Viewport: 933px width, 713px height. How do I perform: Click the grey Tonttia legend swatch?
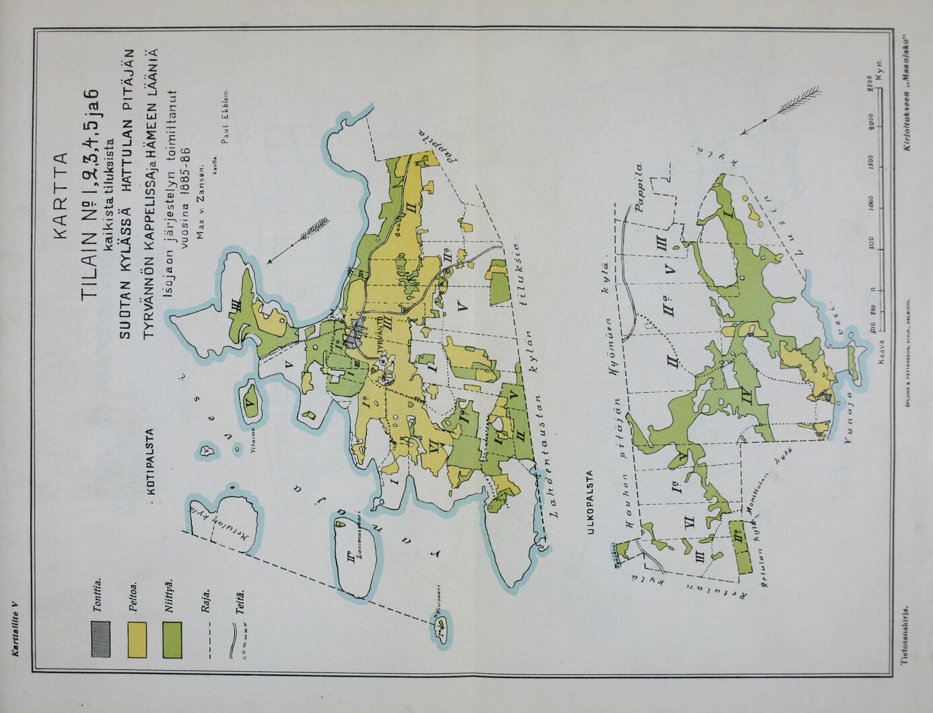tap(100, 638)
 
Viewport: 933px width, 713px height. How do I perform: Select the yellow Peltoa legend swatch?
tap(137, 638)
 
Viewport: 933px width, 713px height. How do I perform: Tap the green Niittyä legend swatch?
tap(173, 638)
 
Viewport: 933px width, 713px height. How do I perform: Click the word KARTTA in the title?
tap(59, 196)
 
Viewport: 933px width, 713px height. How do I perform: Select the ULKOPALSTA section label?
tap(591, 502)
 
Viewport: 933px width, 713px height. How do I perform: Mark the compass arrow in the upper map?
tap(299, 238)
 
